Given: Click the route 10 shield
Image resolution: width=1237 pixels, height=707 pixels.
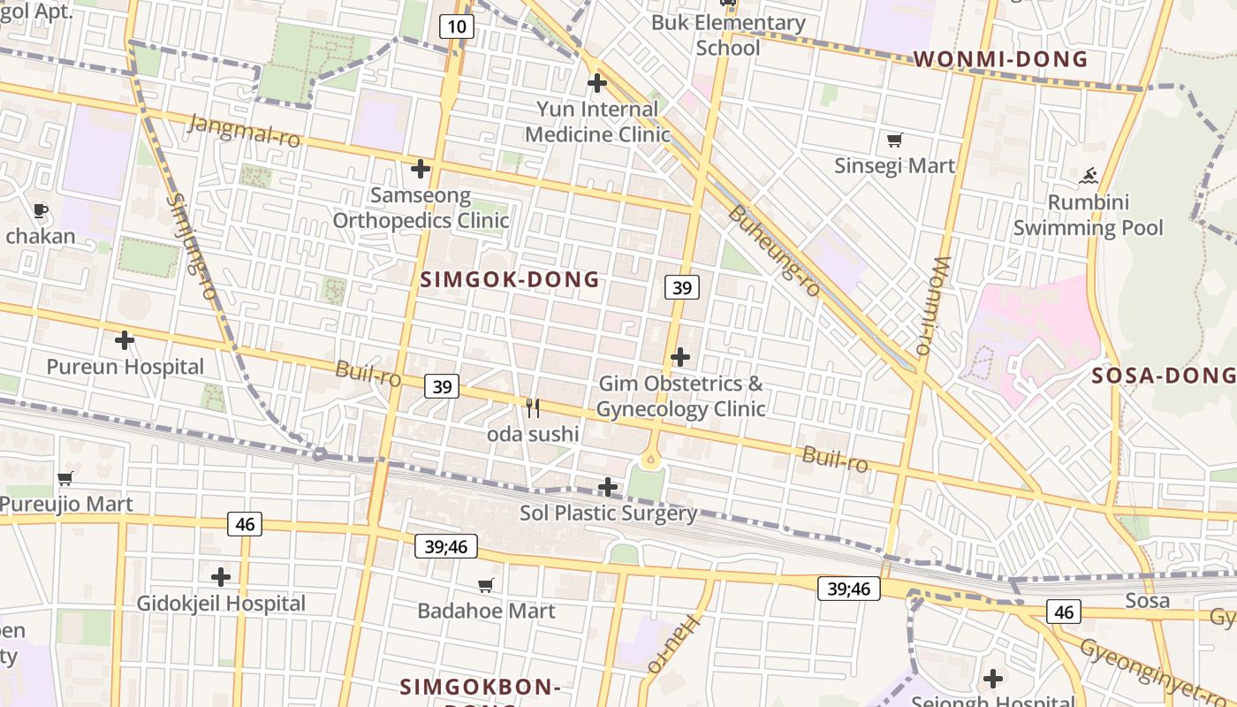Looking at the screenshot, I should click(x=457, y=27).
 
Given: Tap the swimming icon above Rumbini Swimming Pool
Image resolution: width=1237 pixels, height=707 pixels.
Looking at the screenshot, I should click(x=1089, y=176).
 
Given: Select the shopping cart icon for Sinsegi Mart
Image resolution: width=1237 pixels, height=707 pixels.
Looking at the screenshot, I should click(x=894, y=140).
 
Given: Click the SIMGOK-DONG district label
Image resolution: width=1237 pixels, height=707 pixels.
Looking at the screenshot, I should click(x=510, y=280).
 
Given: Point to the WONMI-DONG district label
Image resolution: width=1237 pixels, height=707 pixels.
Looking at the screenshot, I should click(x=1000, y=59).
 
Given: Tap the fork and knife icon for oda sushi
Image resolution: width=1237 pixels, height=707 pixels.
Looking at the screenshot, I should click(x=533, y=407).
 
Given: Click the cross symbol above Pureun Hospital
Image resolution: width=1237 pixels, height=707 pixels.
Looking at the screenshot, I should click(x=125, y=339).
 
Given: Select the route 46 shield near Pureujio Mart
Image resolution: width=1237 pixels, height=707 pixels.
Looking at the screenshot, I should click(x=245, y=524).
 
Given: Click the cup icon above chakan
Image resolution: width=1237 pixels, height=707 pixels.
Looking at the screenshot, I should click(x=40, y=210).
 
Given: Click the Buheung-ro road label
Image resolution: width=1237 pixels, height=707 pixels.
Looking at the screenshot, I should click(x=774, y=252).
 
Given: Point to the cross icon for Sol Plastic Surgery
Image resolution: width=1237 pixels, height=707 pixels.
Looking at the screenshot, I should click(x=608, y=486).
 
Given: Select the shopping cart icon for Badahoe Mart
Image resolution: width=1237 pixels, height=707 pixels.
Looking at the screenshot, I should click(x=485, y=585).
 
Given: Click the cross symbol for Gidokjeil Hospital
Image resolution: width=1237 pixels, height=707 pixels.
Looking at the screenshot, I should click(x=221, y=577).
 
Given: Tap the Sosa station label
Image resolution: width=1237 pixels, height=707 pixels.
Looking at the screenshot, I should click(x=1147, y=601).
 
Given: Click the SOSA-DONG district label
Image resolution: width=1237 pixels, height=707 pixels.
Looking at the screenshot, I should click(x=1163, y=376).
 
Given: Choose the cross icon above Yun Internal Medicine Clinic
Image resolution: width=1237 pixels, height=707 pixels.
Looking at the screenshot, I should click(x=597, y=83).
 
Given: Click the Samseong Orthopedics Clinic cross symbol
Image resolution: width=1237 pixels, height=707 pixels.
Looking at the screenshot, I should click(x=421, y=168).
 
